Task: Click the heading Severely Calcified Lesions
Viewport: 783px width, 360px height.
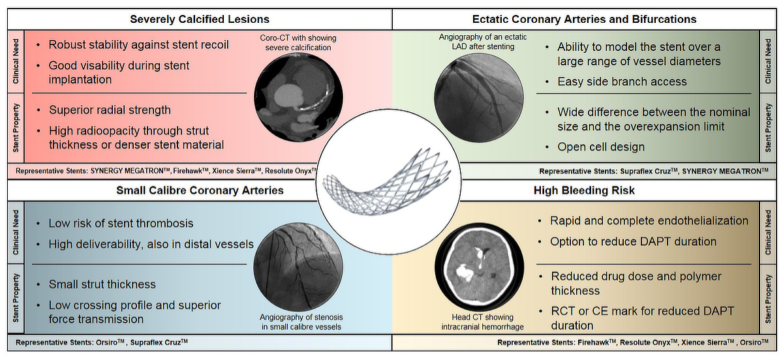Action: (199, 19)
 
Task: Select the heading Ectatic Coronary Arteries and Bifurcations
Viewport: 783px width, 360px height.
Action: (584, 19)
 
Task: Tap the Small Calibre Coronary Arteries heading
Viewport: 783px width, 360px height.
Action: (200, 190)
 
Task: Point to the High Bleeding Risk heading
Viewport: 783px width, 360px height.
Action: (584, 190)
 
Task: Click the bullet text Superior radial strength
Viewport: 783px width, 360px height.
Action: (110, 110)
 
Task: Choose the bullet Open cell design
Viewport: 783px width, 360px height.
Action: (601, 147)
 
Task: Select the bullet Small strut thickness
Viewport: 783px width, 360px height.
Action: (102, 284)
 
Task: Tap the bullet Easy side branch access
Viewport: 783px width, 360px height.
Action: (622, 82)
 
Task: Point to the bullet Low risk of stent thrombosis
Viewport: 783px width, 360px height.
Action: (121, 223)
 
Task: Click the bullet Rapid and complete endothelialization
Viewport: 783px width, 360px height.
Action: (649, 220)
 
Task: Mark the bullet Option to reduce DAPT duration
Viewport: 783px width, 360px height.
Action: (633, 241)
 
